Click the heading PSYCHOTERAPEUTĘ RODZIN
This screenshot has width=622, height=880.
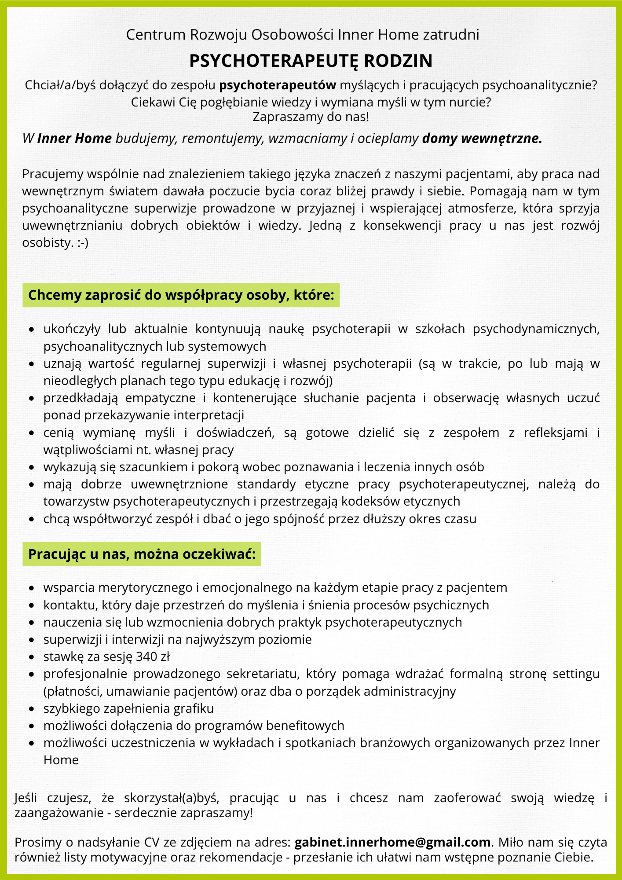click(311, 61)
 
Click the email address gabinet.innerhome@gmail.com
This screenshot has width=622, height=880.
click(392, 842)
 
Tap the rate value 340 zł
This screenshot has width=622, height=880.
click(153, 656)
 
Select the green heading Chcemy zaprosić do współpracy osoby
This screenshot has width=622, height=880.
click(181, 295)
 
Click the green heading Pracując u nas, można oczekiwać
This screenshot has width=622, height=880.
click(142, 554)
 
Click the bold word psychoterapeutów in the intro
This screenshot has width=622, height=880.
click(278, 85)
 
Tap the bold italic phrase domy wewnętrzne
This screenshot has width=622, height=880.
click(482, 139)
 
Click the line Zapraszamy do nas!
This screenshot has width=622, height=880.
click(311, 117)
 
